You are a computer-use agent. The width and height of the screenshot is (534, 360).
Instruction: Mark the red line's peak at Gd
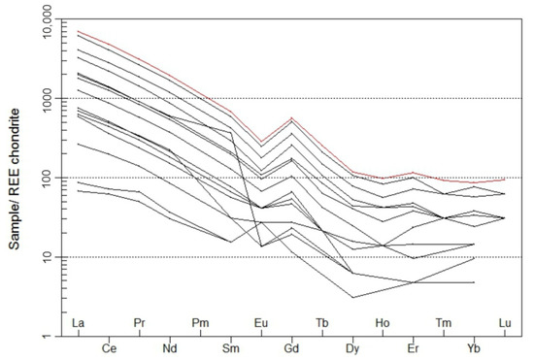pos(291,118)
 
